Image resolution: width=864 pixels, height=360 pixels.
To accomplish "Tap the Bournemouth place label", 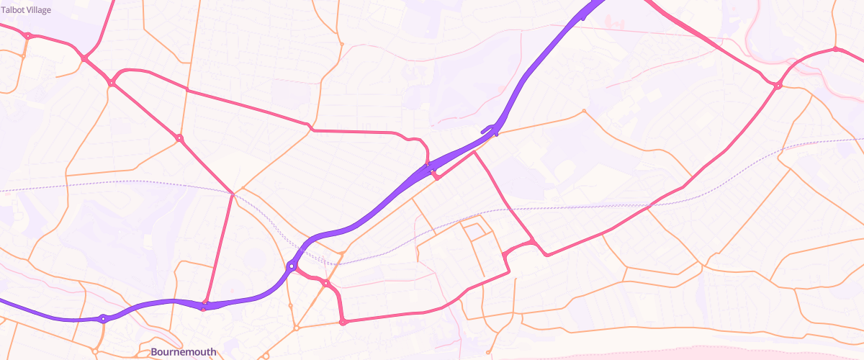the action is coord(183,352).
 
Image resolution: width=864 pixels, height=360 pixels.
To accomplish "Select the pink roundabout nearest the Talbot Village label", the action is coord(27,35).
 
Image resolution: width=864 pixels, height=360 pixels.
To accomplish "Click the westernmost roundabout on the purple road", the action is coord(104,318).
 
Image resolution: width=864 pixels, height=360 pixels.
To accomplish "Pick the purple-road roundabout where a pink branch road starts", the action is coord(292,266).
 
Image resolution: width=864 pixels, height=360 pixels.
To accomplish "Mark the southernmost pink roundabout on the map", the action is coord(343,323).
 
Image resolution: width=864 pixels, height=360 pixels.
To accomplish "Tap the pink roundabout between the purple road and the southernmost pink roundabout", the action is coord(326,284).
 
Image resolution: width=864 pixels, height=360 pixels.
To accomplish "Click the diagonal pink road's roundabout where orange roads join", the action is coord(179,138).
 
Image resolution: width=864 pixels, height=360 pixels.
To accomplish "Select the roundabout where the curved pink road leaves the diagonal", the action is coord(112,84).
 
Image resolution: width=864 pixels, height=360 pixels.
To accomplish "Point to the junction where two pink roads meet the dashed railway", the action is coord(233,194).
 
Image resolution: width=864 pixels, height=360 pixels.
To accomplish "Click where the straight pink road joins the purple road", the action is coord(204,306).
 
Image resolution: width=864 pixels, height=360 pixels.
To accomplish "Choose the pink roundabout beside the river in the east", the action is coord(778,86).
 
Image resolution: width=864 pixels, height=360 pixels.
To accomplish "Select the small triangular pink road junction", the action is coord(433,173).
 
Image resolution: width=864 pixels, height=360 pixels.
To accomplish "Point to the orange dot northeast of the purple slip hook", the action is coord(583,111).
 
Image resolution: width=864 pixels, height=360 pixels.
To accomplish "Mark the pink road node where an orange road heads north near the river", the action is coord(835,50).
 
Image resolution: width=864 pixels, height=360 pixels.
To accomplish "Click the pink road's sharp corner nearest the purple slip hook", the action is coord(475,152).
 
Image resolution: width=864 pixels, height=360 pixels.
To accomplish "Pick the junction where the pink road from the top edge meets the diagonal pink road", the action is coord(84,58).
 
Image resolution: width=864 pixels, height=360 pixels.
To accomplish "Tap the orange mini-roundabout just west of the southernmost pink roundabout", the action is coord(296,328).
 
